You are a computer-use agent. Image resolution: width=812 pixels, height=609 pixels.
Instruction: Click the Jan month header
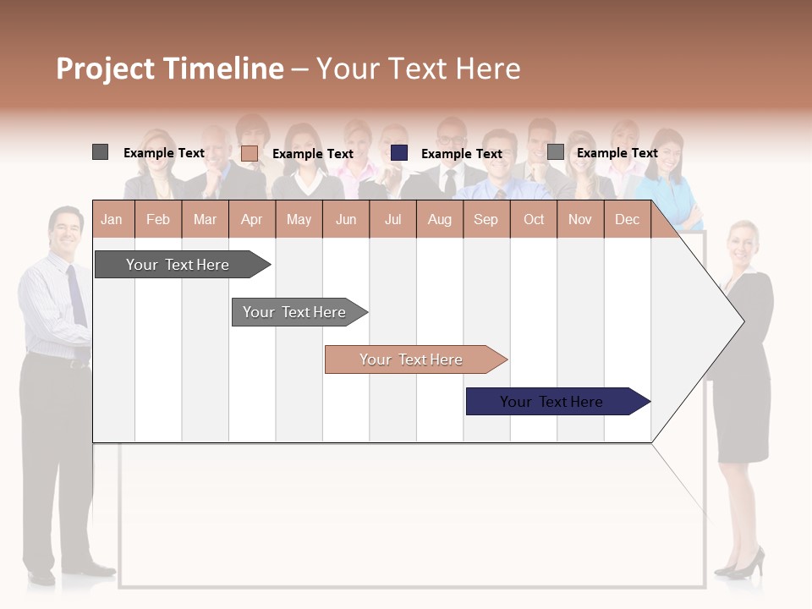pos(112,220)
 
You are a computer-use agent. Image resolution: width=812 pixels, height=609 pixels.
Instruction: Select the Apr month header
pos(251,220)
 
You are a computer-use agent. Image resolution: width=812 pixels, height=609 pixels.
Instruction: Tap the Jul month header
pos(392,220)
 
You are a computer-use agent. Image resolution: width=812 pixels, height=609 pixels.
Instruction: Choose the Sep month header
pos(486,220)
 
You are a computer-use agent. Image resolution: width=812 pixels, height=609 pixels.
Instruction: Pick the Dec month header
pos(627,220)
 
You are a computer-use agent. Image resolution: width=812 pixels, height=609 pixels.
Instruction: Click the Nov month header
pos(579,220)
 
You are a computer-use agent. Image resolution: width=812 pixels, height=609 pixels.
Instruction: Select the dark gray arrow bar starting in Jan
pos(178,265)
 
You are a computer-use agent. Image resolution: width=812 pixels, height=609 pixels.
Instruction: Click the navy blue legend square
pos(399,153)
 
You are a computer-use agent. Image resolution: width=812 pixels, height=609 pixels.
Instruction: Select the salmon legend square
pos(250,153)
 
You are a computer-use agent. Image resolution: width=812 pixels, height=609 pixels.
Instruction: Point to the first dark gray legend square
pos(100,152)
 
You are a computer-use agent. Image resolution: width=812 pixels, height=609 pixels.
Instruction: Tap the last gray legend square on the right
pos(555,152)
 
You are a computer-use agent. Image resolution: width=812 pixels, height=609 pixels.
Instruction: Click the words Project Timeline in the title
pos(170,69)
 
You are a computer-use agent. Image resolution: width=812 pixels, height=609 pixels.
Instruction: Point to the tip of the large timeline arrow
pos(743,321)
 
